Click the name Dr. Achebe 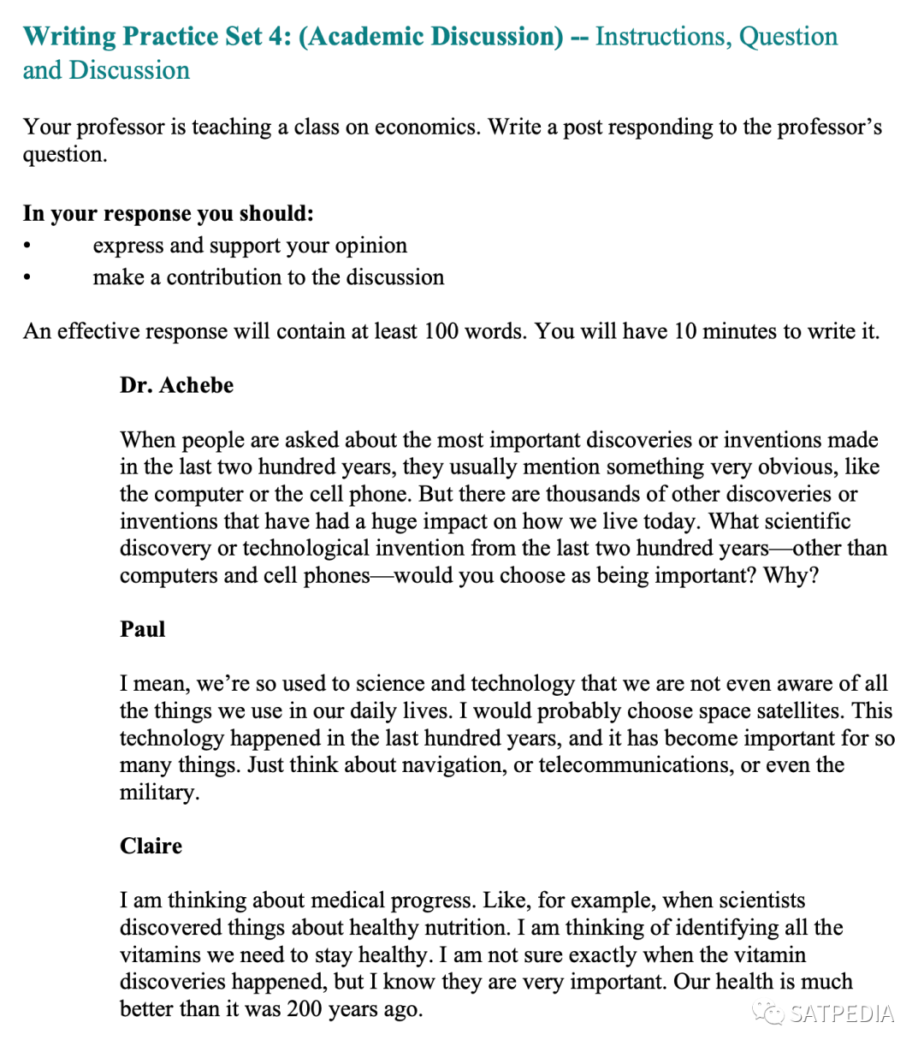click(176, 385)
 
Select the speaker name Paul click(142, 629)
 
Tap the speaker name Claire click(151, 846)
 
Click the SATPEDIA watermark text click(842, 1014)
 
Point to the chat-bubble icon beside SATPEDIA click(768, 1013)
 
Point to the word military click(159, 792)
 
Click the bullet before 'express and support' click(28, 247)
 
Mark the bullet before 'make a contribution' click(28, 278)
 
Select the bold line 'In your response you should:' click(169, 213)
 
